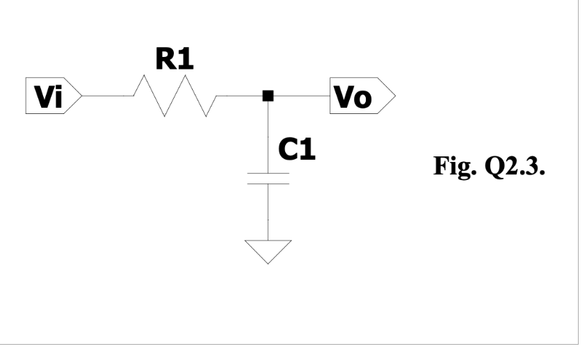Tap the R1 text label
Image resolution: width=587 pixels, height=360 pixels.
175,60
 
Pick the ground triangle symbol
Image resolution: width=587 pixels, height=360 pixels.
268,251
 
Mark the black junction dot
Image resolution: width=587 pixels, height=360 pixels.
268,97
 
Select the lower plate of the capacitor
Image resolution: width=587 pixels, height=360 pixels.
268,183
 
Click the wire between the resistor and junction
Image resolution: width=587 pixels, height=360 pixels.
240,97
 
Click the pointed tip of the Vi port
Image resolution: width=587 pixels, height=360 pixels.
83,97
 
